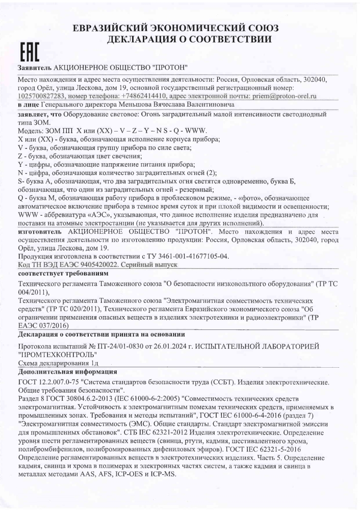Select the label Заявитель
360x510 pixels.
click(x=34, y=68)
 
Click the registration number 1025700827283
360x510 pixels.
click(x=41, y=95)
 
